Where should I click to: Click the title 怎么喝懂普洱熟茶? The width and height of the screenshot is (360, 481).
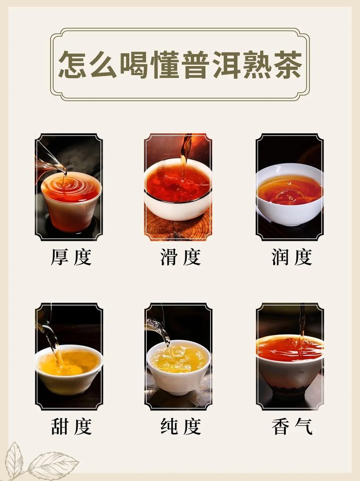click(x=180, y=64)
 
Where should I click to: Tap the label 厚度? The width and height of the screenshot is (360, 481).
click(x=71, y=257)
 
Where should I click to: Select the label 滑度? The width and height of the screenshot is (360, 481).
click(x=180, y=257)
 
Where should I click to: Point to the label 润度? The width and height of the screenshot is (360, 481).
click(x=291, y=257)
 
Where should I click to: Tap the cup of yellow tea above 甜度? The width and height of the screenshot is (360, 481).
click(x=68, y=367)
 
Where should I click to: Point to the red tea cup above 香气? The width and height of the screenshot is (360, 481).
click(x=290, y=360)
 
